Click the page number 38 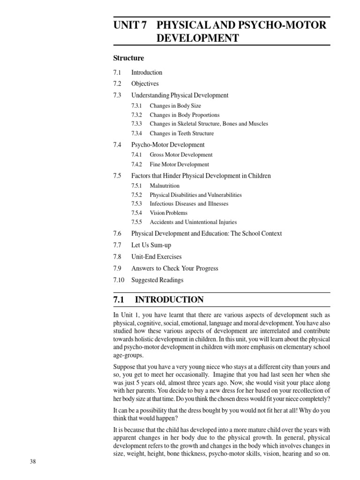pos(33,462)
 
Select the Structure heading pos(128,58)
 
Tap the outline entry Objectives pos(145,84)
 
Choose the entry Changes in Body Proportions pos(184,115)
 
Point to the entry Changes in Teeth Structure pos(181,133)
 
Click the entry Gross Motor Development pos(181,155)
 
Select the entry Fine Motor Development pos(179,165)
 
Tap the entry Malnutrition pos(165,186)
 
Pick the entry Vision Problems pos(168,213)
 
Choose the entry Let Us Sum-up pos(151,245)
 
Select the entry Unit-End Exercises pos(156,257)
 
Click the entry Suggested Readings pos(157,280)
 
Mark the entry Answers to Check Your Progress pos(174,269)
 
